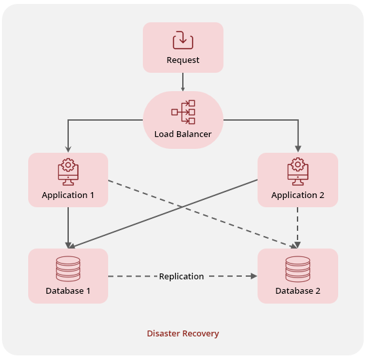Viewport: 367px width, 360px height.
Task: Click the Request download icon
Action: tap(183, 40)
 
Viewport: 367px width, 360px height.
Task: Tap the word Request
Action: tap(183, 60)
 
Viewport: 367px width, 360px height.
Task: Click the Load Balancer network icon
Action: tap(183, 112)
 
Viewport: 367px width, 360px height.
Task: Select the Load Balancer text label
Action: tap(183, 134)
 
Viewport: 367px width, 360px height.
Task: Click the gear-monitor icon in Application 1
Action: tap(68, 170)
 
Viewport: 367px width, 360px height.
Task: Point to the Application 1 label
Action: tap(68, 195)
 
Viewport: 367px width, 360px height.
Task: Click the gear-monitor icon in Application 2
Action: tap(298, 170)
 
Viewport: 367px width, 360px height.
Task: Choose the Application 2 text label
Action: tap(298, 195)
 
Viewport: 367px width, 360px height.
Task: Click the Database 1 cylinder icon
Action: tap(68, 268)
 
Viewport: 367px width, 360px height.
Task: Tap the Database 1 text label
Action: tap(68, 290)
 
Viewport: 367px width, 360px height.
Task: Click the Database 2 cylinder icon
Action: tap(298, 268)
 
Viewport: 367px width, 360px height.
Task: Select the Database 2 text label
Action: tap(298, 290)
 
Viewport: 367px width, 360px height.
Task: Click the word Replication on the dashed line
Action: tap(182, 277)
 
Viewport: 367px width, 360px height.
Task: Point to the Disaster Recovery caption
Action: tap(183, 334)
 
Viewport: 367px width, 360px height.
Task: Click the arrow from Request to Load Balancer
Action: tap(183, 81)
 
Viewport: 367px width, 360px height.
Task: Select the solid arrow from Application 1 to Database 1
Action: tap(68, 226)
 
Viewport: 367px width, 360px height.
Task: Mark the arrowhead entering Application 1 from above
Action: tap(68, 149)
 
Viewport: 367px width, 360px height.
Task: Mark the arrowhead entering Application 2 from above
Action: tap(298, 149)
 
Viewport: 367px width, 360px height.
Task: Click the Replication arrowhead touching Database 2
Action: tap(253, 277)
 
